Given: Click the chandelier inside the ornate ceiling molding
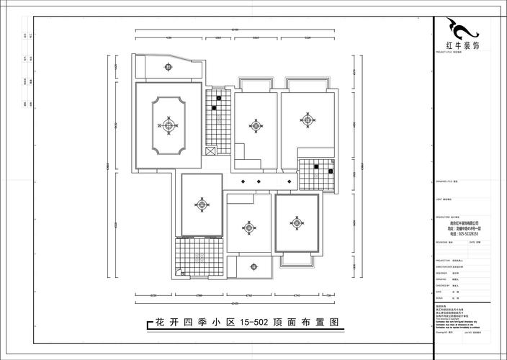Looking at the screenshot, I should point(169,126).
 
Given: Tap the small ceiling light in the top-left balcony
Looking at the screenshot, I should point(168,68).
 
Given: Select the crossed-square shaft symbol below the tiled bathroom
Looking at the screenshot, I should point(210,151).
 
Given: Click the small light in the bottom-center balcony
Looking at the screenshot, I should point(249,264).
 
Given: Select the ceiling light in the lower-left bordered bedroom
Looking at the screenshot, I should point(201,204).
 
